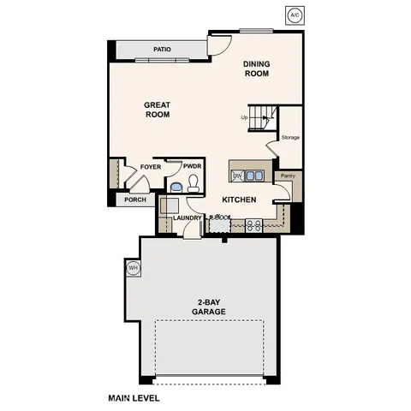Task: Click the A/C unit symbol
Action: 295,15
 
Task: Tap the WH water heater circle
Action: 133,268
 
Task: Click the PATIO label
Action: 162,50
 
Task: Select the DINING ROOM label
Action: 256,68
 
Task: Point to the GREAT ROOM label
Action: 157,110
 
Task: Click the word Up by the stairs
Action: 244,117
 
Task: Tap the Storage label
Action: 290,137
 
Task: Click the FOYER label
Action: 151,167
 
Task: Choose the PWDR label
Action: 193,167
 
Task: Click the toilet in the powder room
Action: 194,182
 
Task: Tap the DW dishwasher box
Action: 237,176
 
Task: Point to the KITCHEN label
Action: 239,200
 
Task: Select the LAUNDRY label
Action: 187,217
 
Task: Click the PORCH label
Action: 135,200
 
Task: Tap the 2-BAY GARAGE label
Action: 209,306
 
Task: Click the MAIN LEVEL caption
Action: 134,398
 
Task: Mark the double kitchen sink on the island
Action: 255,176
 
